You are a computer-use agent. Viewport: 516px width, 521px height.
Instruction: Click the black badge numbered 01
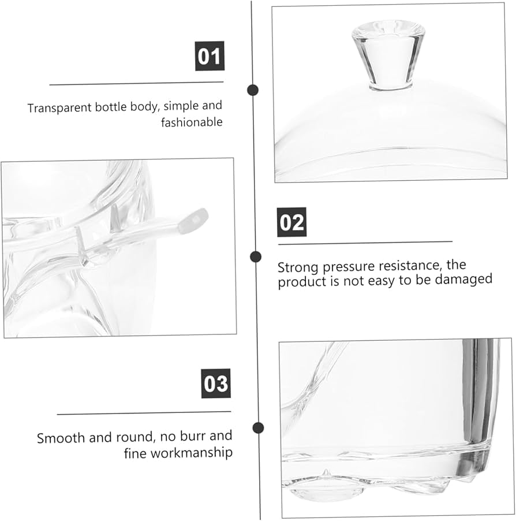210,56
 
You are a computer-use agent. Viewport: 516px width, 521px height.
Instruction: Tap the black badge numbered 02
291,222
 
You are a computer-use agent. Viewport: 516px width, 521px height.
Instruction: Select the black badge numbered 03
216,383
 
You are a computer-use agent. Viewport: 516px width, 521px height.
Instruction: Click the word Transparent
60,108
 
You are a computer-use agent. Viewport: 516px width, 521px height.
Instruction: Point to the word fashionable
192,122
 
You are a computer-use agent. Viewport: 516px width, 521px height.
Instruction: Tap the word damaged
463,279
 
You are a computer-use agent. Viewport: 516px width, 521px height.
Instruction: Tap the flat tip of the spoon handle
193,220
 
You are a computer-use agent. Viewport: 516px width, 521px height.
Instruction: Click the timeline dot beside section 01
253,90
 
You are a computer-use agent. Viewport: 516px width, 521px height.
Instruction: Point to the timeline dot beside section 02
256,257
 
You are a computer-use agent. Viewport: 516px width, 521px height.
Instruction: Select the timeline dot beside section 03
258,427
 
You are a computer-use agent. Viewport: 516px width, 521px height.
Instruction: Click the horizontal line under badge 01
136,83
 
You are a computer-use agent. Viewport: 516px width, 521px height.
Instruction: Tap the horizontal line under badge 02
365,243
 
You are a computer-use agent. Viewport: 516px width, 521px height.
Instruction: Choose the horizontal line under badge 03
144,413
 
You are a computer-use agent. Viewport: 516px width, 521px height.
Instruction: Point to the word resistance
411,266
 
